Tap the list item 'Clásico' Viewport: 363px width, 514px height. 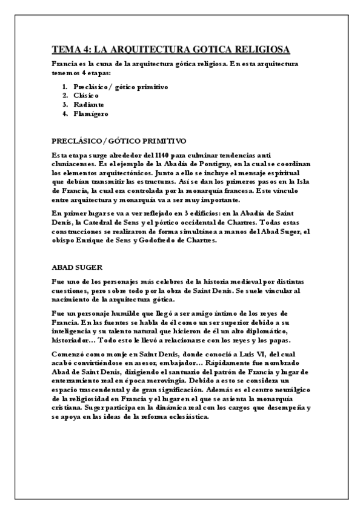click(84, 95)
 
